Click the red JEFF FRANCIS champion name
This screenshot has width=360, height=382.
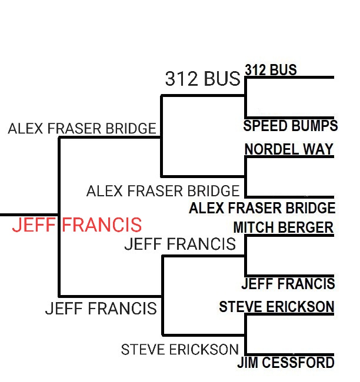click(77, 224)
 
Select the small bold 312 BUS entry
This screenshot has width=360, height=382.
click(271, 70)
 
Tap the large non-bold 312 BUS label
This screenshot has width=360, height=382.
click(202, 79)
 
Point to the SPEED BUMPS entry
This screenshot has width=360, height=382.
click(290, 126)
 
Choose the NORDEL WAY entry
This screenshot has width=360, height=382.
click(289, 149)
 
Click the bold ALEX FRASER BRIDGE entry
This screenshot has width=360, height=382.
click(262, 208)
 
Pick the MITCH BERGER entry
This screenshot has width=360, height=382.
click(283, 227)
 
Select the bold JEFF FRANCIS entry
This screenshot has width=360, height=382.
click(288, 284)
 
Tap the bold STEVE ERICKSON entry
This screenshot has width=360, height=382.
click(276, 307)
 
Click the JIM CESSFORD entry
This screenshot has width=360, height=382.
click(285, 363)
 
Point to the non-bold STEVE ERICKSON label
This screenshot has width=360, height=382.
click(180, 350)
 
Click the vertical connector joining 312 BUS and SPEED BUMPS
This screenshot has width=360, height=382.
click(245, 97)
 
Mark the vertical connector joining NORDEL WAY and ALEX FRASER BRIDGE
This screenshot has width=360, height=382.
click(245, 176)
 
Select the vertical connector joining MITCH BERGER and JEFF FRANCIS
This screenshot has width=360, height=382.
click(245, 256)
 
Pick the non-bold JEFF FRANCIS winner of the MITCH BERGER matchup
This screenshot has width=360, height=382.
click(180, 244)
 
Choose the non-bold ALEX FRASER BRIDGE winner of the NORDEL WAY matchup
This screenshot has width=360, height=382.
click(163, 191)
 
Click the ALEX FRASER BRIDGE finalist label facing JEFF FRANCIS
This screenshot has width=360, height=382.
click(82, 128)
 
